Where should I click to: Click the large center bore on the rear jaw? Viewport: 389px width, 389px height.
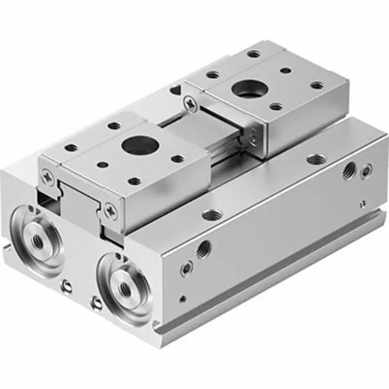click(x=245, y=88)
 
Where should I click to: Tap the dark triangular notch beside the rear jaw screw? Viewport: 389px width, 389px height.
click(x=176, y=88)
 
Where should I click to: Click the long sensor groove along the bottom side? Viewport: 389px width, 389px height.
click(x=278, y=272)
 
